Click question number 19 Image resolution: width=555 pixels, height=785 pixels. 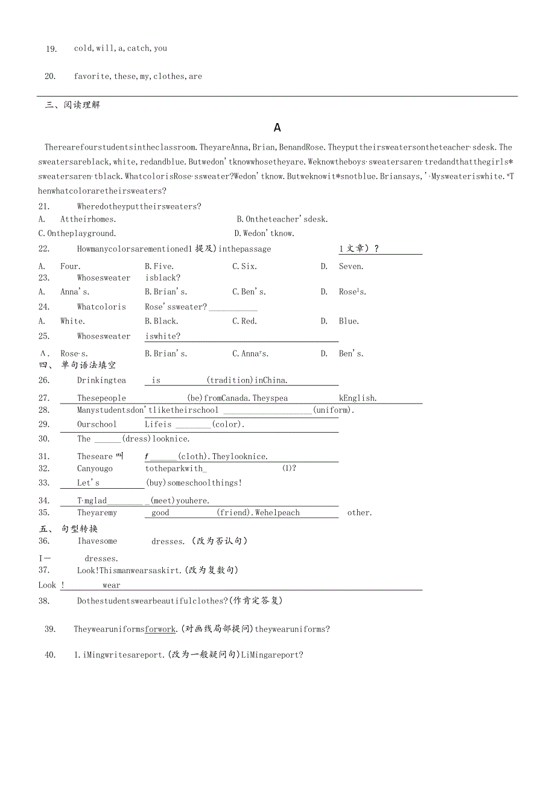[x=51, y=49]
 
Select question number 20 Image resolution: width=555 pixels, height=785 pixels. [x=51, y=77]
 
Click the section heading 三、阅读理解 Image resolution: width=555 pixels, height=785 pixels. [x=72, y=105]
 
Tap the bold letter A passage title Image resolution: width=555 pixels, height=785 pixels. [x=277, y=127]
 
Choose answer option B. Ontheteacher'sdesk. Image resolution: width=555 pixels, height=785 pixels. [x=282, y=220]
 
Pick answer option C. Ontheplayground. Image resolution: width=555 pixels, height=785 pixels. [x=77, y=234]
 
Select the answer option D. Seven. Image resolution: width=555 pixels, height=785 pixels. [x=343, y=267]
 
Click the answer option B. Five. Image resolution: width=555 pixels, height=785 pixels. [x=159, y=267]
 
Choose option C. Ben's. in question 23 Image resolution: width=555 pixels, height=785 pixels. [x=249, y=292]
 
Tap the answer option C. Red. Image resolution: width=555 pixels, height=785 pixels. [x=245, y=322]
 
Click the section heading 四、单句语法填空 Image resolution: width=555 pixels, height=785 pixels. [x=77, y=365]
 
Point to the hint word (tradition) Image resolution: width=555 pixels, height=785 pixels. [x=230, y=380]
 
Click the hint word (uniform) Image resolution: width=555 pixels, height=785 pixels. [x=332, y=410]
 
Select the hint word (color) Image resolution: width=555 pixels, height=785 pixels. [x=227, y=424]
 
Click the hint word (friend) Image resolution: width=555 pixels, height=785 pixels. [x=234, y=513]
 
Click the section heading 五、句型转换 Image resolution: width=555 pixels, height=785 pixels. [x=69, y=529]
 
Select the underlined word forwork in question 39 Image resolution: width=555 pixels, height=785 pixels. [x=160, y=629]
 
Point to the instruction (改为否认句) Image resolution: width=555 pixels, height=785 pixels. [x=219, y=541]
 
